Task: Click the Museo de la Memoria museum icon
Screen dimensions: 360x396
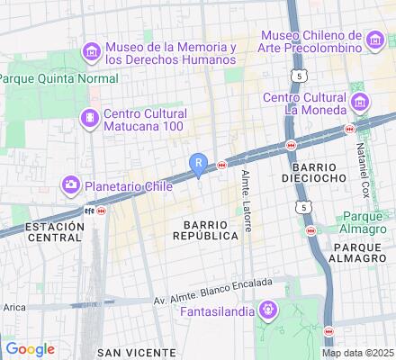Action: pyautogui.click(x=91, y=52)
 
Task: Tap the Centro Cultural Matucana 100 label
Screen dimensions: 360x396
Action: pyautogui.click(x=145, y=120)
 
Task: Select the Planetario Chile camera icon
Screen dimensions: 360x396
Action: pyautogui.click(x=70, y=185)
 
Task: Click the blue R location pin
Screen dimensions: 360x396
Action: pyautogui.click(x=199, y=163)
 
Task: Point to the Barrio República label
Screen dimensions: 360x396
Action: pyautogui.click(x=211, y=229)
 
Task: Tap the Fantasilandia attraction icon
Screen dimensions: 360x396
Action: pyautogui.click(x=265, y=311)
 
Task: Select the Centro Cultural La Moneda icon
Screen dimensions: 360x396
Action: pyautogui.click(x=359, y=102)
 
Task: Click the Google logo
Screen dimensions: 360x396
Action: pyautogui.click(x=30, y=348)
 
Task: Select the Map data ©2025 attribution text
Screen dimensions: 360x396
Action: pyautogui.click(x=358, y=353)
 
